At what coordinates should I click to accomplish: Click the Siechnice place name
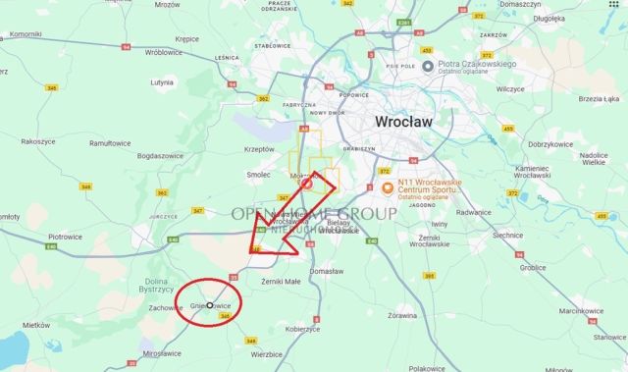click(506, 236)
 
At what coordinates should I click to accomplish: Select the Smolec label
click(258, 175)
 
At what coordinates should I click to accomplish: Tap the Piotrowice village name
click(65, 237)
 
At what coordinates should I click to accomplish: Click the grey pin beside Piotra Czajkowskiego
click(428, 66)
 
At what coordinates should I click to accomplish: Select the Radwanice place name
click(474, 211)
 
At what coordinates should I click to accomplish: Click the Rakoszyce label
click(38, 141)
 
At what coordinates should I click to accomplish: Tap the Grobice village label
click(534, 266)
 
